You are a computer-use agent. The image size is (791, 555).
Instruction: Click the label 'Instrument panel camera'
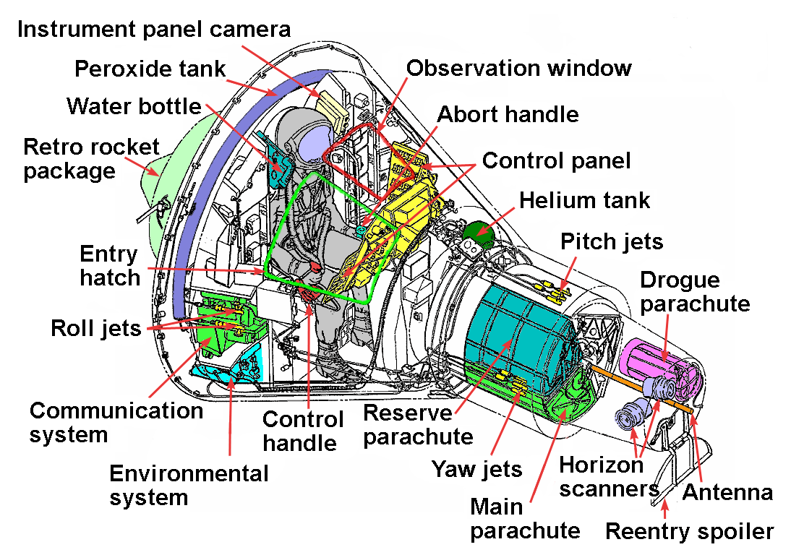(154, 30)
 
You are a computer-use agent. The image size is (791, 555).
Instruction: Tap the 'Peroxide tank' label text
(150, 69)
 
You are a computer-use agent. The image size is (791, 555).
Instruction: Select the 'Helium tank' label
(585, 200)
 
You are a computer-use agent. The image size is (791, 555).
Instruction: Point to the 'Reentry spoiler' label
(689, 532)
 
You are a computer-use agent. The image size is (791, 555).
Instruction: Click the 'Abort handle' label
(508, 115)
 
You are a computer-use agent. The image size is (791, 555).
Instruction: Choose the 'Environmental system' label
(189, 486)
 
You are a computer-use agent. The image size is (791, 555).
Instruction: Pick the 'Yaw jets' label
(476, 470)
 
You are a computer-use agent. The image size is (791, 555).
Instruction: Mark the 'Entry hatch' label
(110, 266)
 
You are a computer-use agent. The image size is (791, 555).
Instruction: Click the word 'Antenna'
(727, 493)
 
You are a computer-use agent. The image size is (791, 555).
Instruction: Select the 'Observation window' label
(518, 68)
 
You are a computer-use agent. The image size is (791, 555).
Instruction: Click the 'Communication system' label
(116, 422)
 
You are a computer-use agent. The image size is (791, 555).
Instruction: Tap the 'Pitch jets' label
(612, 241)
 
